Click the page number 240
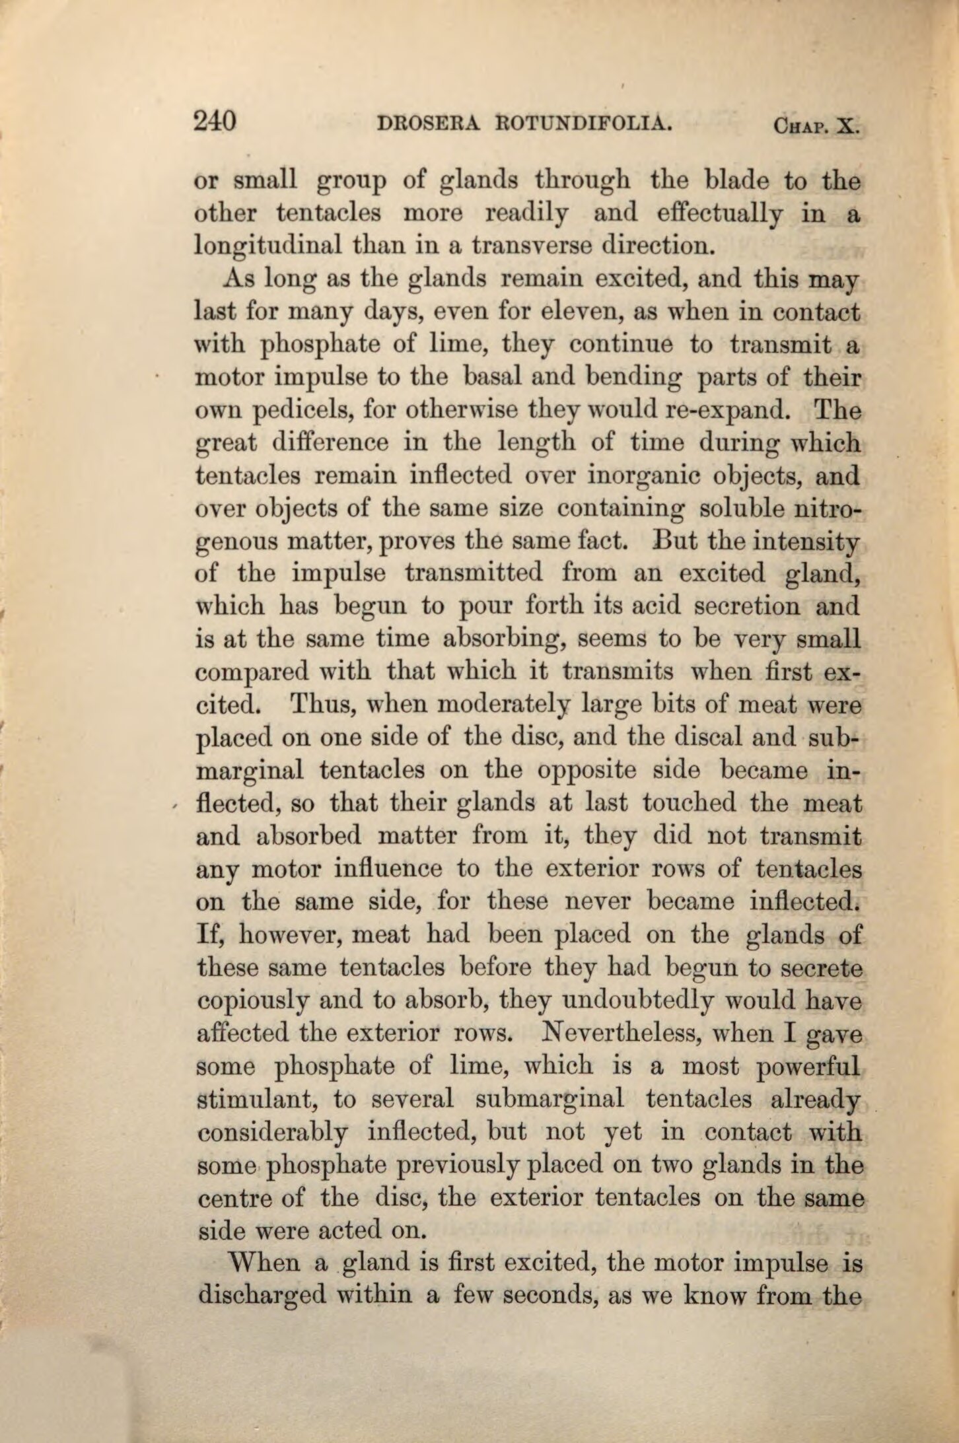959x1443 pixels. click(x=215, y=122)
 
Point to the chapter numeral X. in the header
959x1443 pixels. click(x=847, y=125)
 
